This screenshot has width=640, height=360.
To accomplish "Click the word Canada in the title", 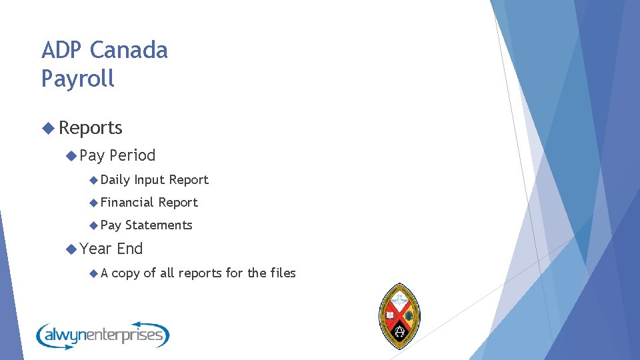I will coord(129,51).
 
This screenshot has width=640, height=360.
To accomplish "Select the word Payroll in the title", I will coord(78,79).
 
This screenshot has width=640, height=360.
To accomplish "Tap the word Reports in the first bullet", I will coord(91,127).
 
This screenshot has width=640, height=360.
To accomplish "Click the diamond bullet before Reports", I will coord(47,127).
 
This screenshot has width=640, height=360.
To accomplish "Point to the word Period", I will coord(132,155).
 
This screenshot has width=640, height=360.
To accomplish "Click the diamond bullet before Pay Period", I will coord(71,155).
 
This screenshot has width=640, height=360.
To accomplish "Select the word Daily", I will coord(115,180).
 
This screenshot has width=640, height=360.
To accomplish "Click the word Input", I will coord(149,180).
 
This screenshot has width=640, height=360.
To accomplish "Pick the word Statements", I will coord(159,225).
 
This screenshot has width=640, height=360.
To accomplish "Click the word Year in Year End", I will coord(95,249).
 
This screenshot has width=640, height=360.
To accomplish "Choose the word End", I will coord(130,249).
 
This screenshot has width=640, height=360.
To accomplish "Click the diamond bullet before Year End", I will coord(71,249).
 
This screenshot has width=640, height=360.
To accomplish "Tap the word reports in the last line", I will coord(201,273).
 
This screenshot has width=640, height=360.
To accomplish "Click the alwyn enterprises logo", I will coord(103,334).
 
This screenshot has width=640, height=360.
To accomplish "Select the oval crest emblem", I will coord(399,316).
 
